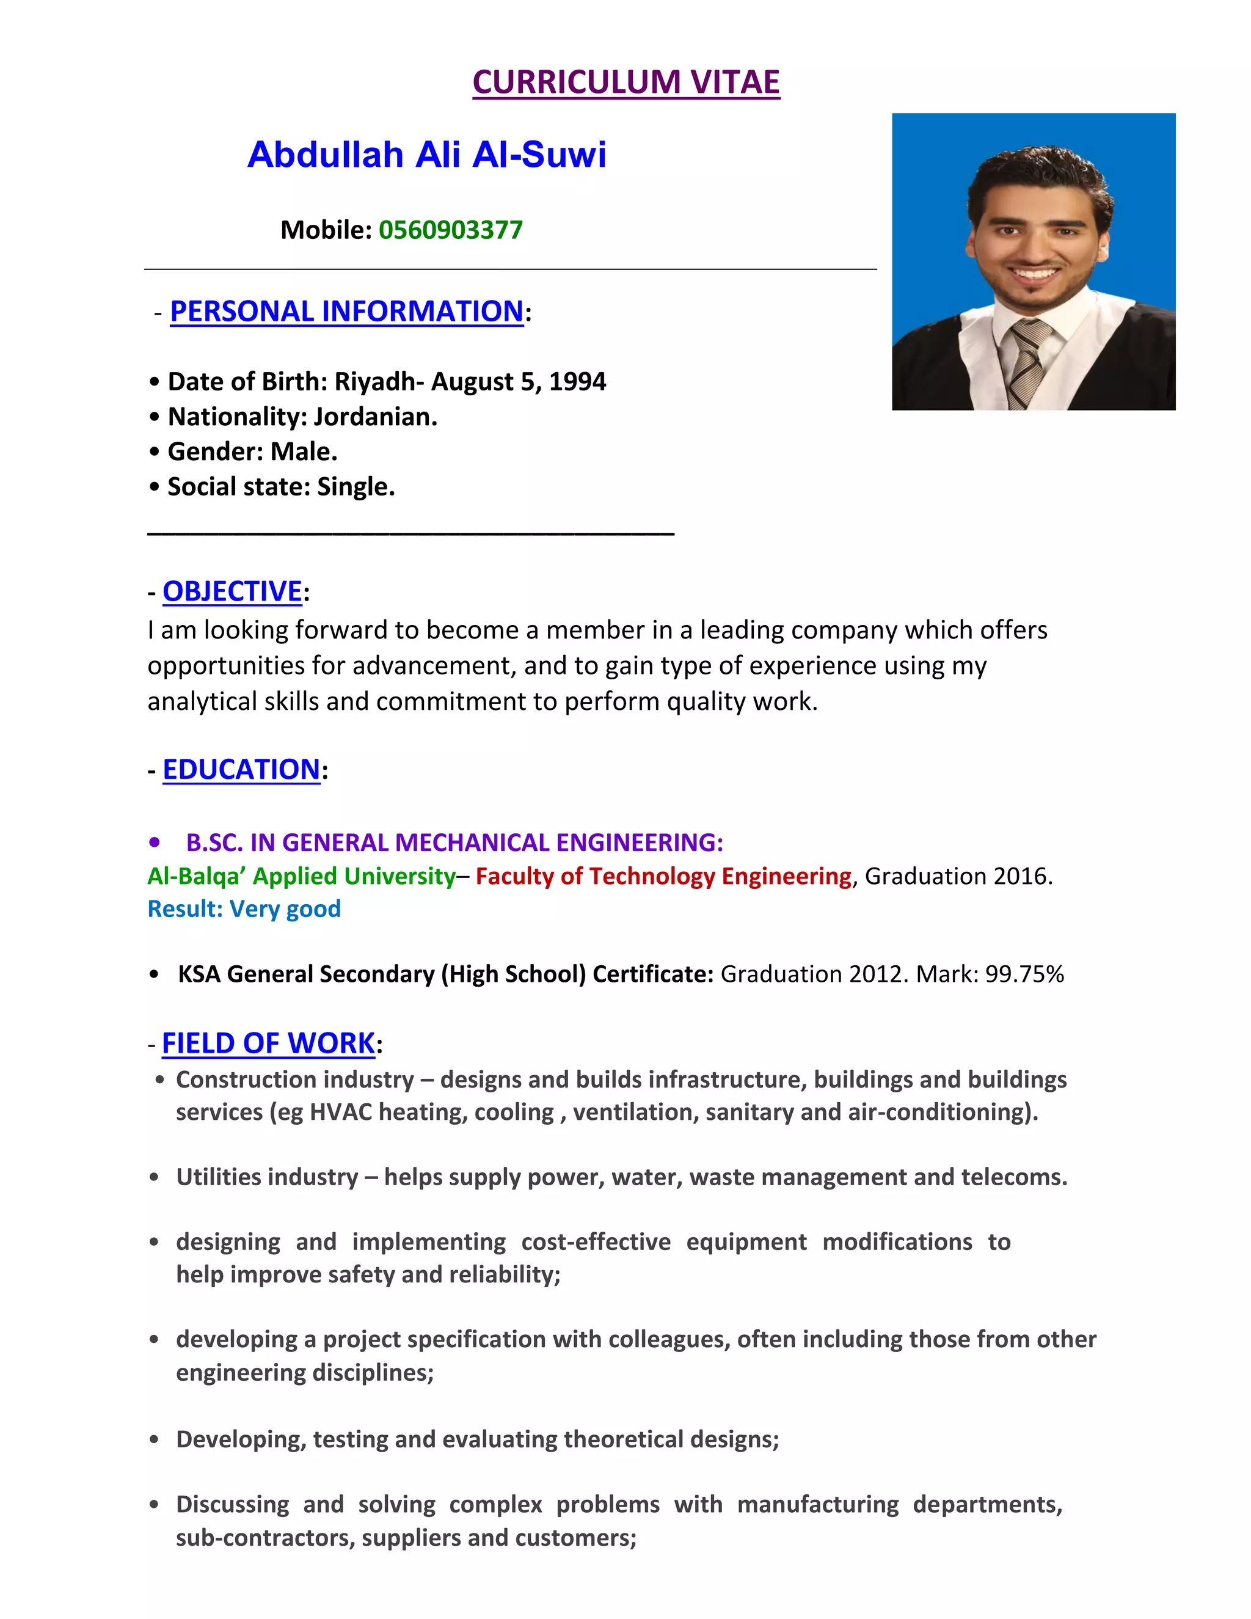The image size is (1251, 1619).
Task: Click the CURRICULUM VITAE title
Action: tap(625, 81)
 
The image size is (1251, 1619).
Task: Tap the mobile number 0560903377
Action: tap(451, 230)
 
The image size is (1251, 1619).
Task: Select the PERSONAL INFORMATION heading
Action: tap(346, 312)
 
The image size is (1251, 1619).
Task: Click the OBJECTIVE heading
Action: tap(232, 591)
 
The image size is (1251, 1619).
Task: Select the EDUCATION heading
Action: tap(241, 769)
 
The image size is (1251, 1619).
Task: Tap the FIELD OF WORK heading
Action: tap(268, 1043)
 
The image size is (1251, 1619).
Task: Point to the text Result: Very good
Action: tap(244, 909)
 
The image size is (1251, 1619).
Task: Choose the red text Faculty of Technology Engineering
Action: tap(663, 876)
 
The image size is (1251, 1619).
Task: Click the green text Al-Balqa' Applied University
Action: tap(302, 876)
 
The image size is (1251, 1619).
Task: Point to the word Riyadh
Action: tap(375, 382)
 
